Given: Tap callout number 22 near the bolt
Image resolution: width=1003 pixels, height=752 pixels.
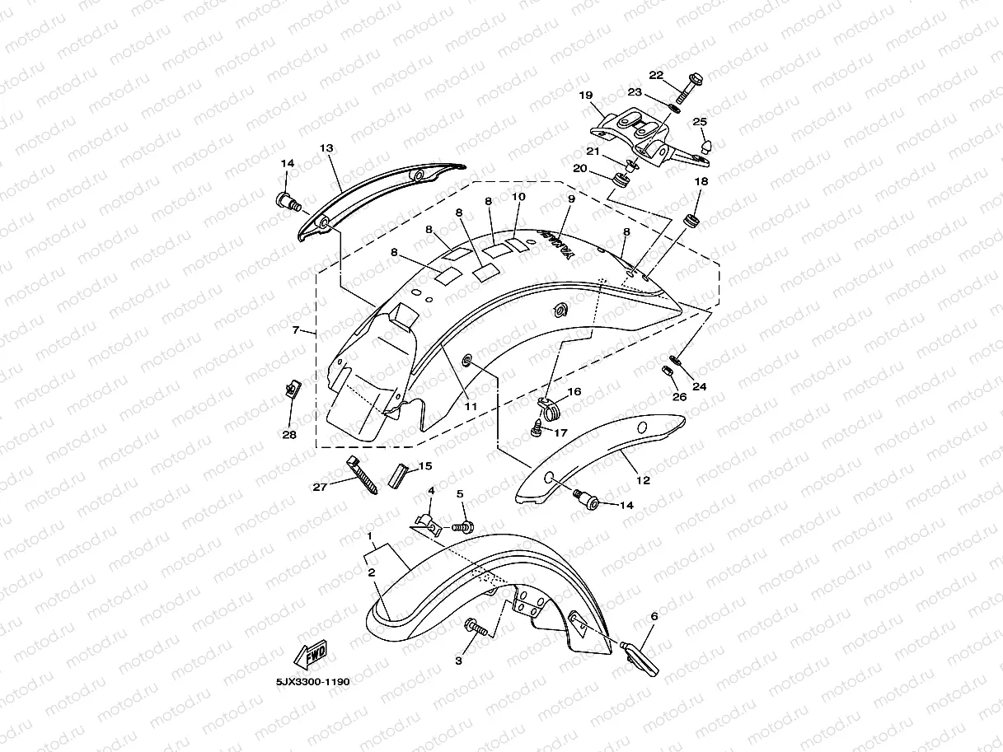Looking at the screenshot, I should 655,76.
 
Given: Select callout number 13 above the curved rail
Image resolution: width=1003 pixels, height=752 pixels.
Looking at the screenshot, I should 326,148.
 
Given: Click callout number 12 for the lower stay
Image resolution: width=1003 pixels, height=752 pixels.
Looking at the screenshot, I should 643,480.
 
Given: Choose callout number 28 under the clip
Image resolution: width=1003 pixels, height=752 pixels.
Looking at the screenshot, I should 289,435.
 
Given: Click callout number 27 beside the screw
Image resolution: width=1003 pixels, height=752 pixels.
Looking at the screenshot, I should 320,487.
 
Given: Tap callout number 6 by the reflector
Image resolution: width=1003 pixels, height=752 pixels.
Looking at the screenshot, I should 654,615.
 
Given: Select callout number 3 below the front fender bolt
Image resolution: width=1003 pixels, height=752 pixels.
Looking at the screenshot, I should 459,660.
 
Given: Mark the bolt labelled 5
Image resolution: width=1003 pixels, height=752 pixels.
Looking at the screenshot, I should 465,525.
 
